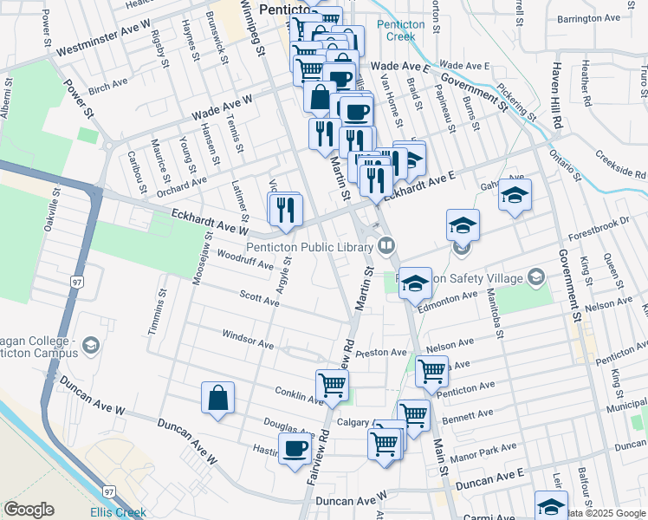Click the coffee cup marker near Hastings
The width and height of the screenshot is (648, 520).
click(x=295, y=449)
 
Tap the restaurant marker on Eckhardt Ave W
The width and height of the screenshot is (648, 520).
click(x=284, y=209)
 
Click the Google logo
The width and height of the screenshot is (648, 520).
click(x=29, y=510)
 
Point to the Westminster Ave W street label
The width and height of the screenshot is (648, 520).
click(x=103, y=38)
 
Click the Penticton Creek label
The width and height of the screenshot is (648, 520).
click(x=401, y=30)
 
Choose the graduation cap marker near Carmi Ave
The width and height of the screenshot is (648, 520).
click(x=551, y=505)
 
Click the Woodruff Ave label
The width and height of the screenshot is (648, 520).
click(x=223, y=256)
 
